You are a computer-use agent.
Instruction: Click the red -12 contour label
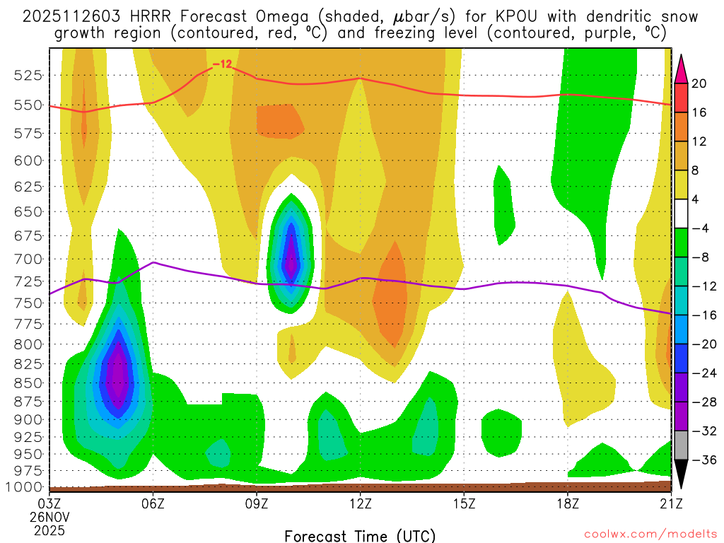222,64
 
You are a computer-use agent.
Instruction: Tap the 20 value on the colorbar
699,83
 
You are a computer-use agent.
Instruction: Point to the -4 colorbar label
699,228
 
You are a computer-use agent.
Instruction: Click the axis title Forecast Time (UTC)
360,535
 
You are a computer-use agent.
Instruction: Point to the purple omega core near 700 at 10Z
291,259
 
